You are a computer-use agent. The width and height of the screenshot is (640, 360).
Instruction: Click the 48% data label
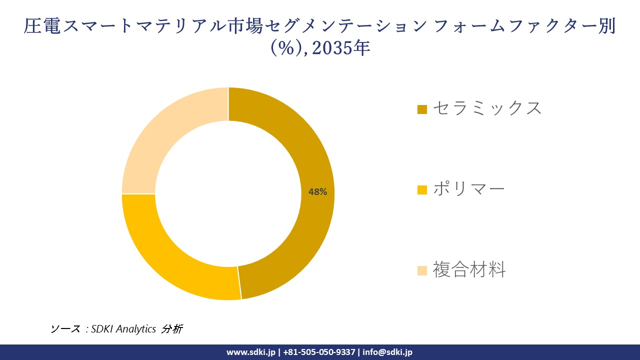[317, 191]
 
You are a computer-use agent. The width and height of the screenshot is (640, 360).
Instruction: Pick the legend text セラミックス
[487, 108]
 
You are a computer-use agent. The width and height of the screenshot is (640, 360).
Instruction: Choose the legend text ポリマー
[468, 189]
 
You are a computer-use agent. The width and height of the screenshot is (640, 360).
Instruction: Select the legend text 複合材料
[469, 269]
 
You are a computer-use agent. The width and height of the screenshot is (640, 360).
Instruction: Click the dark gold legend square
[422, 109]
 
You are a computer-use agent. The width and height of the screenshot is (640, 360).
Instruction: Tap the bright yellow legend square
[422, 190]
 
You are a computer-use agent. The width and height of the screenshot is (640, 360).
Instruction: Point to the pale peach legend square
[422, 270]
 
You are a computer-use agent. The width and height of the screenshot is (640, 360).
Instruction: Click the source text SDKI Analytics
[123, 329]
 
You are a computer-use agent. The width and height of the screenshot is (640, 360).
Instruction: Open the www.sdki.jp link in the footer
[251, 352]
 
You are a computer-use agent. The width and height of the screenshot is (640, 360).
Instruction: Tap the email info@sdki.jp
[387, 352]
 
